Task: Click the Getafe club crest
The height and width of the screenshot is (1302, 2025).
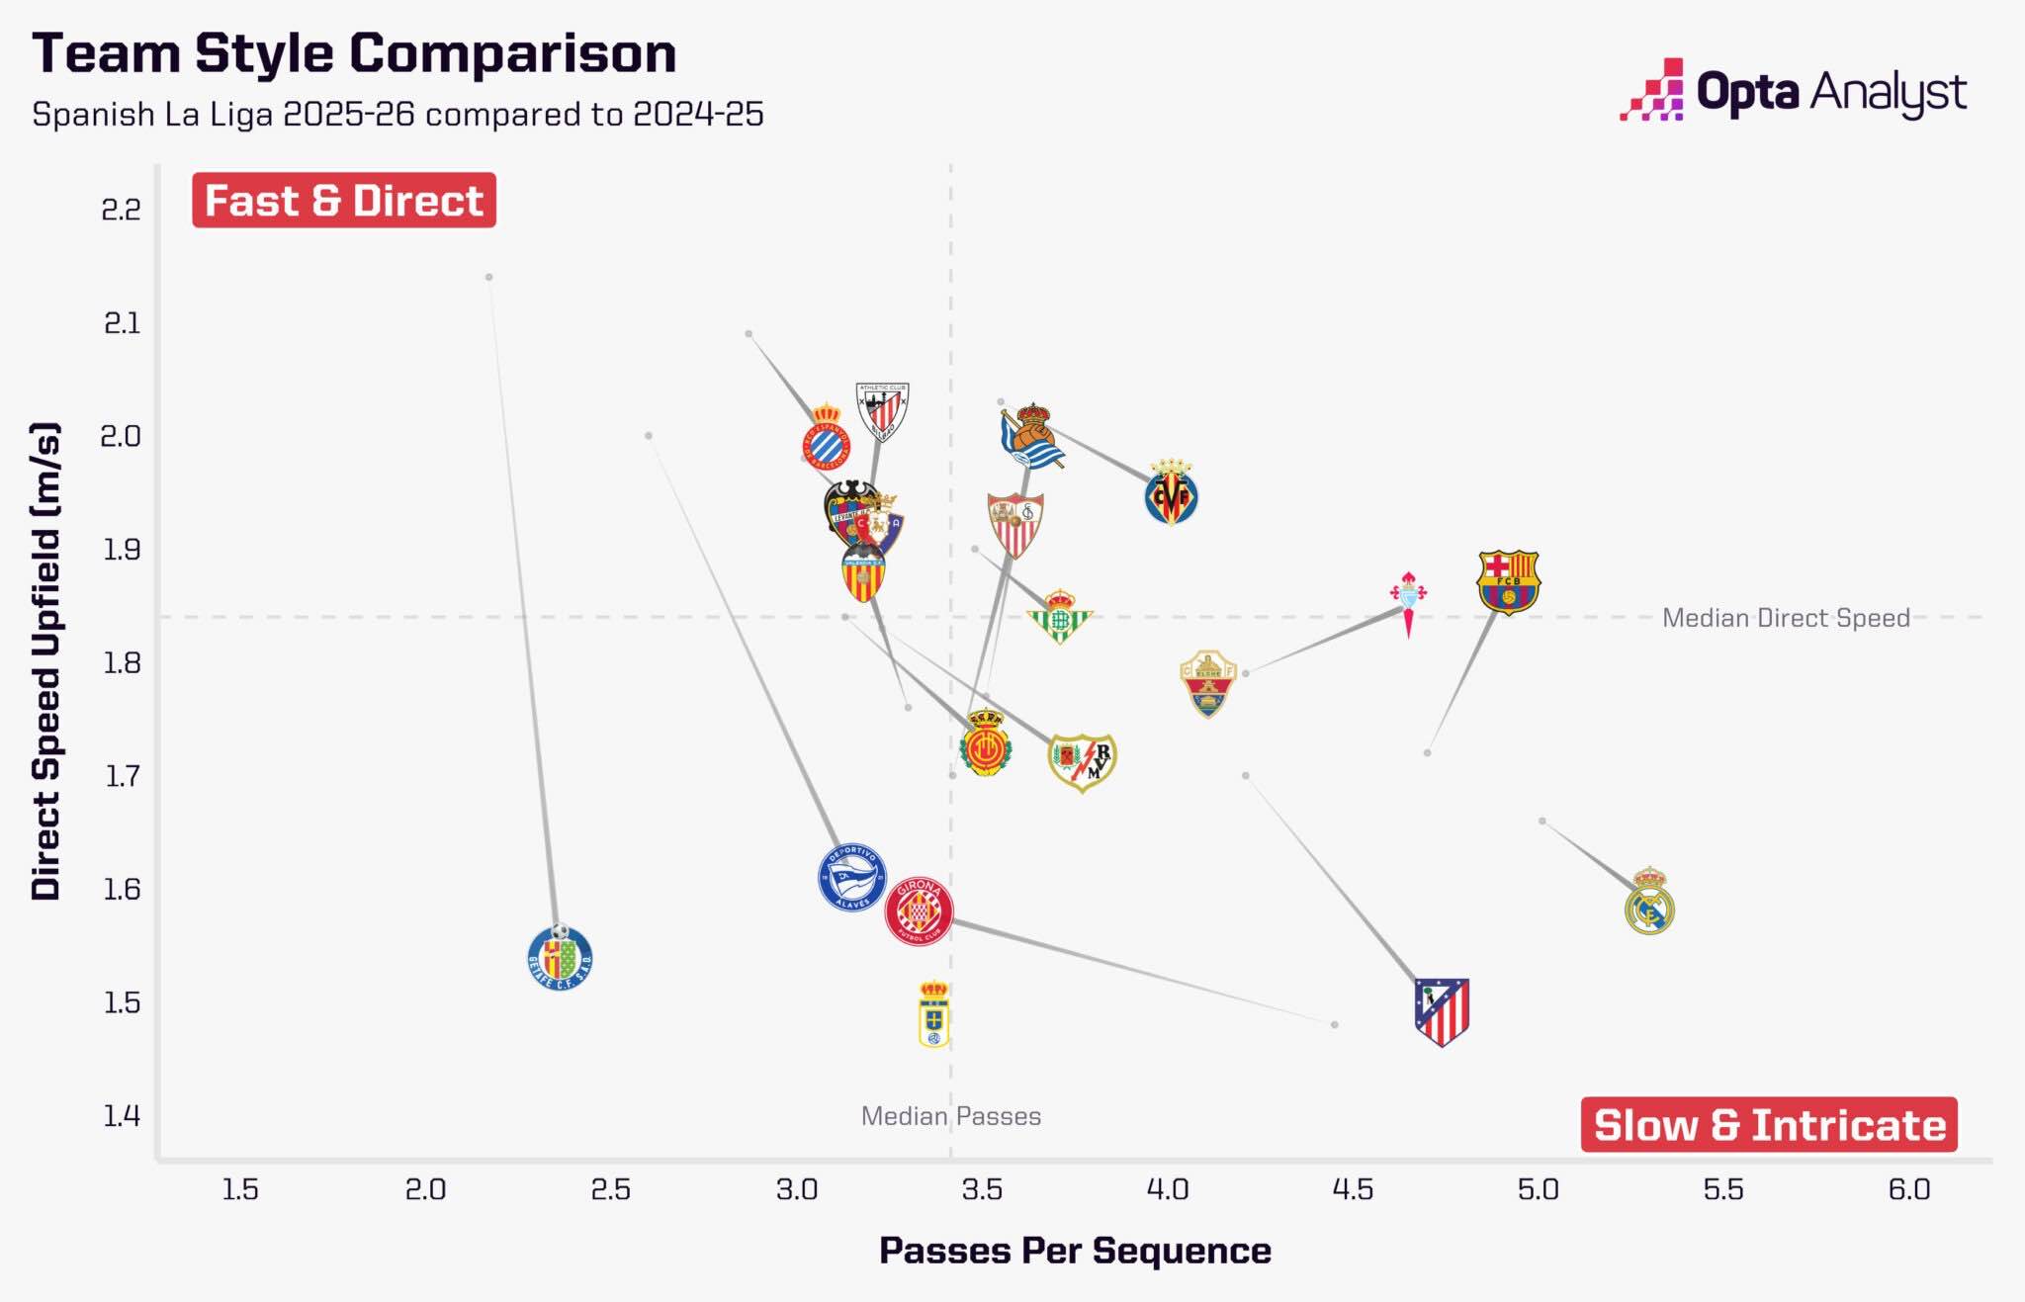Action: pos(560,957)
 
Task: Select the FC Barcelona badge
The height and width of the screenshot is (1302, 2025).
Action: pos(1508,582)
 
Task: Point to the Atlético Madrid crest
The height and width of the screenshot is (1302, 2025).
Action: pos(1442,1010)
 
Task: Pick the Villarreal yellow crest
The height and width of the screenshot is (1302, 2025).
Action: pos(1172,492)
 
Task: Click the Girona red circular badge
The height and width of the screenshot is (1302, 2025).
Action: pos(919,911)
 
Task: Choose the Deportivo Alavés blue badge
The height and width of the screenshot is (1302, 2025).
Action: pos(851,877)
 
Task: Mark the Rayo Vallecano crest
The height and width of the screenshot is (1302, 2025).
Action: pos(1082,761)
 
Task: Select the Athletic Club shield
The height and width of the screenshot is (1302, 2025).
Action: pos(882,411)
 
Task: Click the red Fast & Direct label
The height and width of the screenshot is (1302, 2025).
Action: pos(344,201)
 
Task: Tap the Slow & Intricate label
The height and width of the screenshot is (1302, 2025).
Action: pos(1769,1125)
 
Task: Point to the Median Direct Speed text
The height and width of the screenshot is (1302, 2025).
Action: pos(1785,618)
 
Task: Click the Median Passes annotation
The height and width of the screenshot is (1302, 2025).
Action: pos(950,1116)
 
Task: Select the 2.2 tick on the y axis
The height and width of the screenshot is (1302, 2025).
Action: pos(121,210)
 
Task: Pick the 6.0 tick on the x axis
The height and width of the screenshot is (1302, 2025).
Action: pos(1908,1189)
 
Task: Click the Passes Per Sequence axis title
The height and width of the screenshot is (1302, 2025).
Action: pos(1075,1251)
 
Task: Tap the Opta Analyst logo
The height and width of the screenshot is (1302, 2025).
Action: pos(1793,92)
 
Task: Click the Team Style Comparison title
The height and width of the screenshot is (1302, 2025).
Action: pos(354,53)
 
